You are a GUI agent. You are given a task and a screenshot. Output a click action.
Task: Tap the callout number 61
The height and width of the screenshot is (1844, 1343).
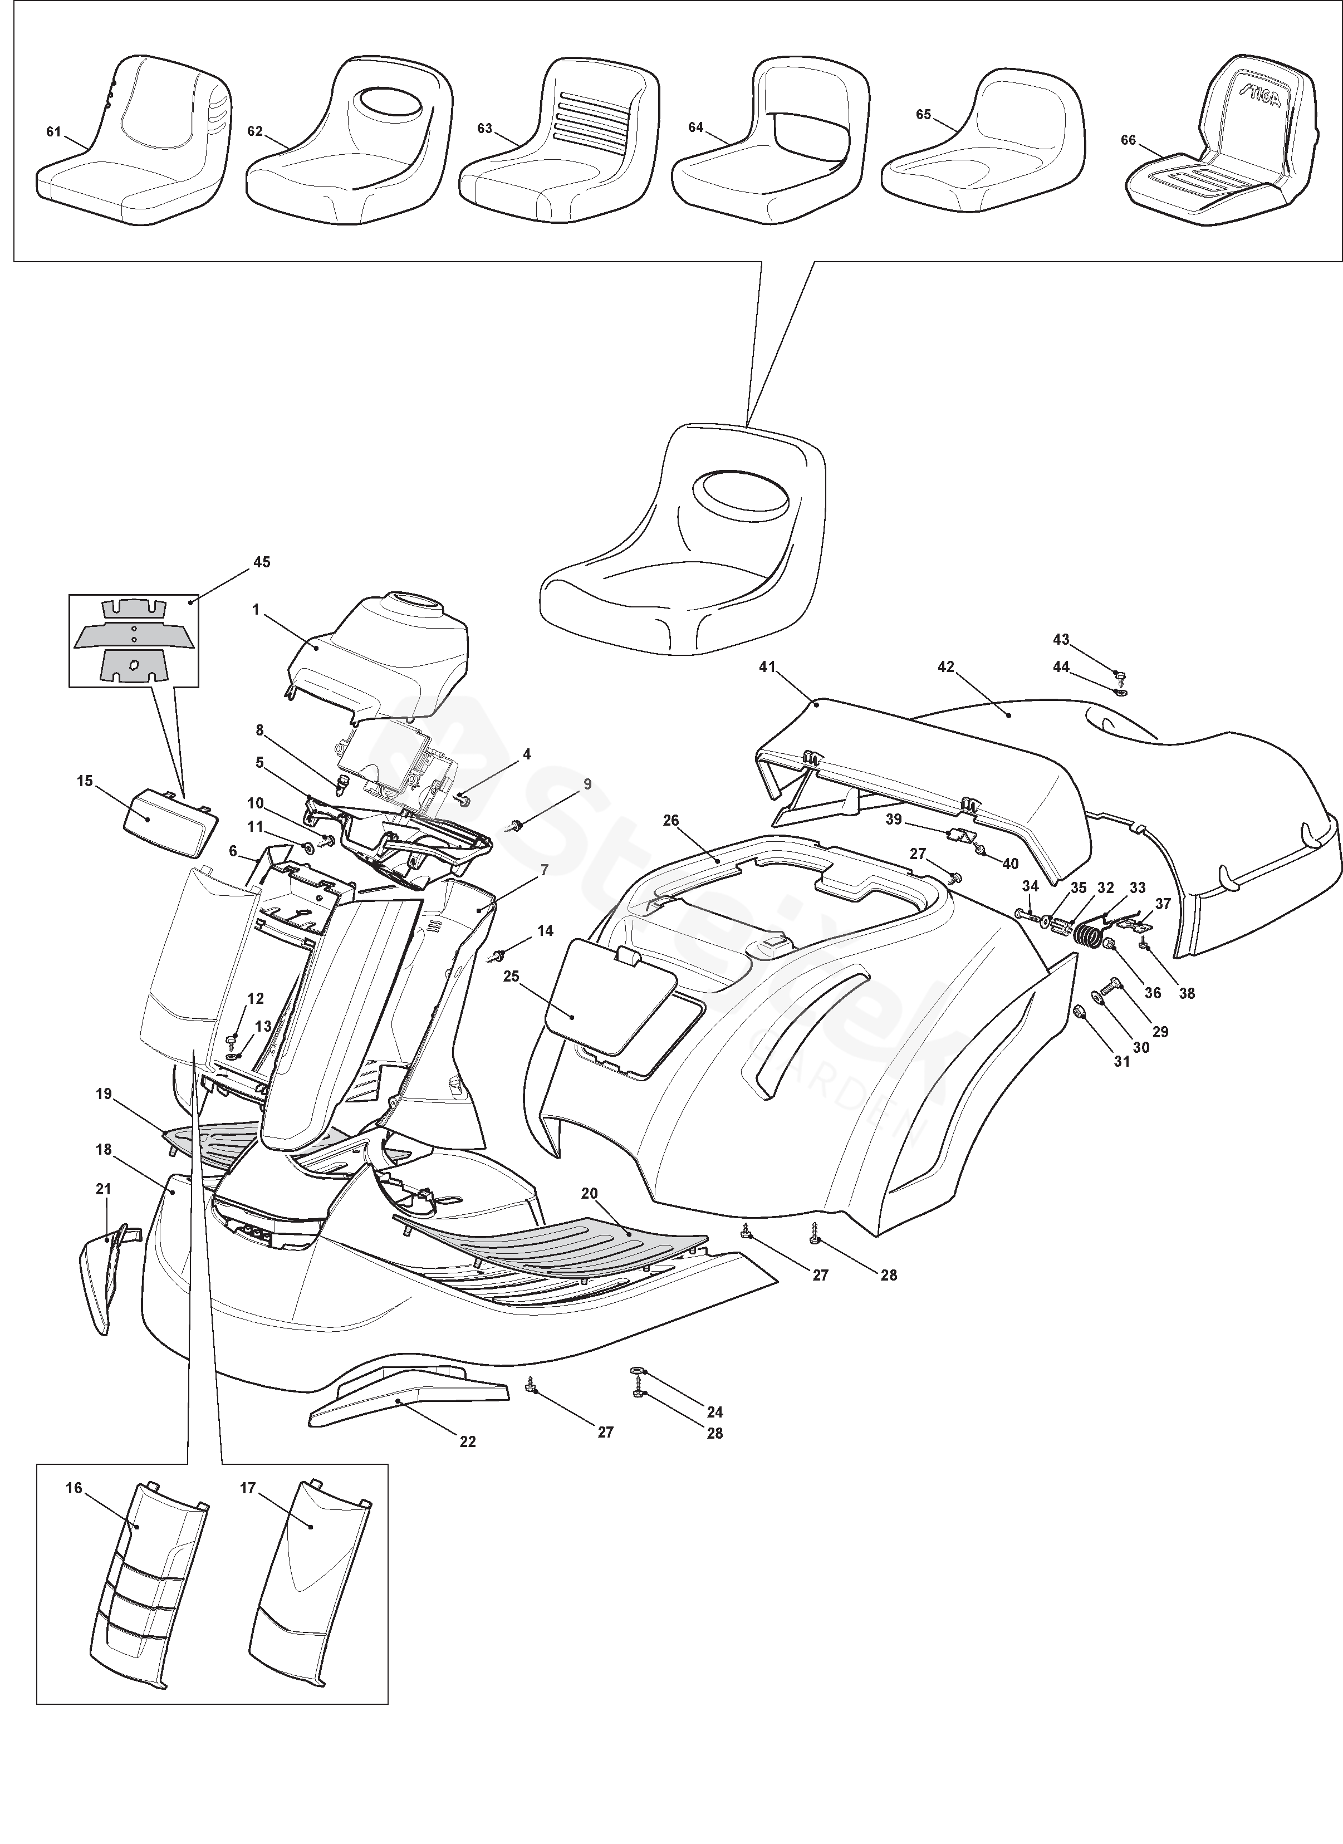click(53, 132)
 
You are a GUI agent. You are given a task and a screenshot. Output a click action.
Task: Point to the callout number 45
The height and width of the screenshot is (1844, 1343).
click(262, 562)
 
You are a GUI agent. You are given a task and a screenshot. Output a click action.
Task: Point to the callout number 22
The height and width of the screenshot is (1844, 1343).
click(468, 1441)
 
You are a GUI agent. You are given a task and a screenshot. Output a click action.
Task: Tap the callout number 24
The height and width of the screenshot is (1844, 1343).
click(715, 1413)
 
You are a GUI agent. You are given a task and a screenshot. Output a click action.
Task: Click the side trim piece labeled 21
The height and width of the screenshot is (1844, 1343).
click(102, 1278)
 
